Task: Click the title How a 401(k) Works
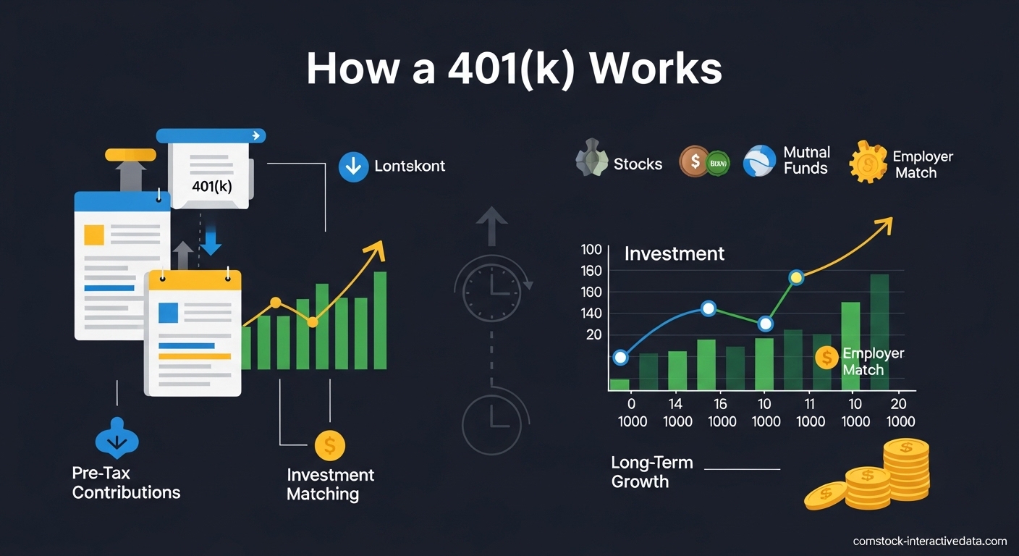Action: tap(514, 69)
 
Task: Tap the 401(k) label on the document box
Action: tap(212, 186)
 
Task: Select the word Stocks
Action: tap(638, 164)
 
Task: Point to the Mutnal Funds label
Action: tap(806, 161)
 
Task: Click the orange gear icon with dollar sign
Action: tap(868, 162)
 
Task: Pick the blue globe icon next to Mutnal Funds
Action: tap(759, 161)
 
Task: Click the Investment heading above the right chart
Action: tap(674, 254)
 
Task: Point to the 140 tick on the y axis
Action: tap(591, 313)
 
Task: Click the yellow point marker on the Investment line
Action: tap(796, 277)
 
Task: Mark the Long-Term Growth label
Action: tap(651, 472)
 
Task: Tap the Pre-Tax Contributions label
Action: tap(126, 483)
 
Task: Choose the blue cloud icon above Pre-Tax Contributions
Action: tap(117, 439)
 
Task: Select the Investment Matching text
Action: tap(330, 484)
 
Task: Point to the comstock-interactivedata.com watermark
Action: tap(929, 542)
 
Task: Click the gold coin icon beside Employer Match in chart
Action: tap(826, 357)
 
